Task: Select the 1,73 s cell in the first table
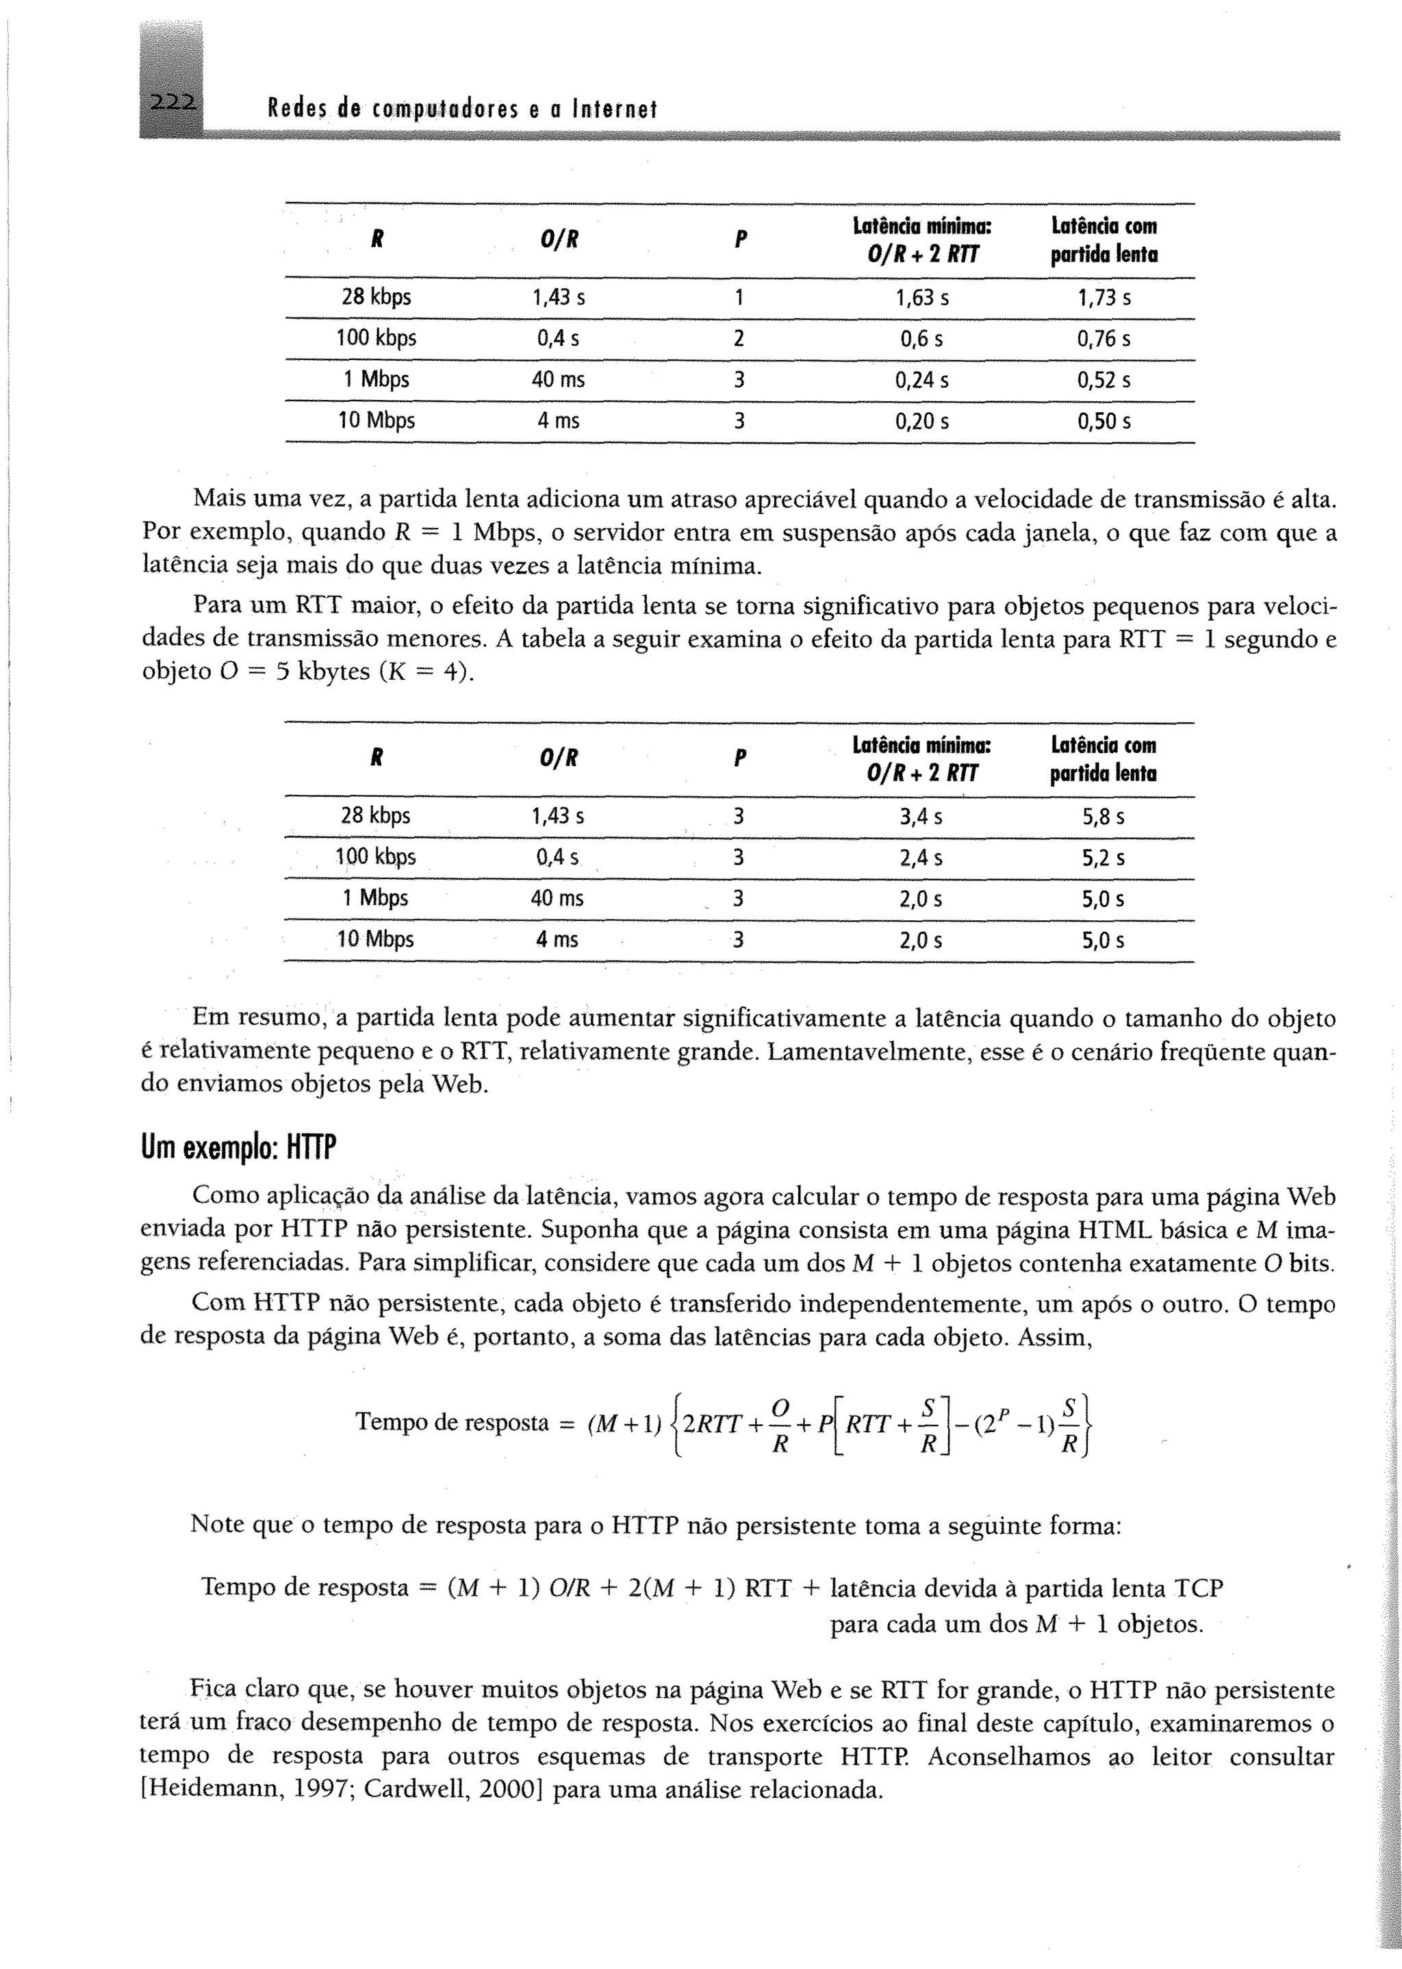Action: tap(1104, 298)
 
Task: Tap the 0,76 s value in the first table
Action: tap(1104, 338)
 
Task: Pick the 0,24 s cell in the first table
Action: tap(921, 380)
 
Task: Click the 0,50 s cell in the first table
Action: tap(1104, 421)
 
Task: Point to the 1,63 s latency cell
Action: tap(921, 298)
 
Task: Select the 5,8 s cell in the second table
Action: tap(1104, 817)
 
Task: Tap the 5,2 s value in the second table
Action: tap(1104, 858)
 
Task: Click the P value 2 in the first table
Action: tap(738, 338)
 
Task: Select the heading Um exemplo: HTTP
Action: tap(238, 1148)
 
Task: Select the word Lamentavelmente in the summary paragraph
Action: tap(869, 1052)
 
